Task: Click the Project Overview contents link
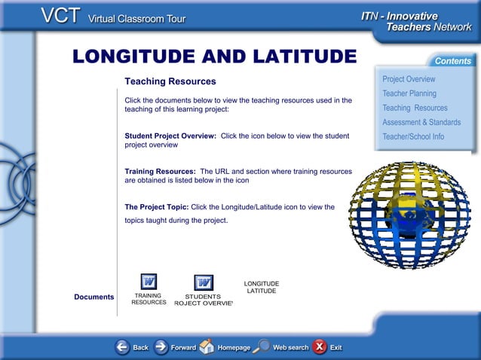click(x=409, y=79)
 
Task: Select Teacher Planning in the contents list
click(x=409, y=93)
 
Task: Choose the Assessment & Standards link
click(x=421, y=122)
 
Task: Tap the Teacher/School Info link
click(x=413, y=136)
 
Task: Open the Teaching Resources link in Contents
click(x=415, y=108)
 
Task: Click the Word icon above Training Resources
click(x=149, y=282)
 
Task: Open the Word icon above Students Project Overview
click(x=203, y=282)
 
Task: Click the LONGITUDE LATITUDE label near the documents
click(x=262, y=287)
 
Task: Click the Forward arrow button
click(x=161, y=347)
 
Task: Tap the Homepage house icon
click(x=207, y=346)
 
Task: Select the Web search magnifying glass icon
click(x=262, y=346)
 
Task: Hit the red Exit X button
click(x=320, y=346)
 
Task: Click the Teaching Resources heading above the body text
click(x=170, y=81)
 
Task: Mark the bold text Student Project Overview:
click(x=170, y=136)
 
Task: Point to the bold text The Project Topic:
click(x=157, y=206)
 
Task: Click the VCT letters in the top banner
click(x=61, y=17)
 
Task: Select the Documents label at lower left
click(x=94, y=297)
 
